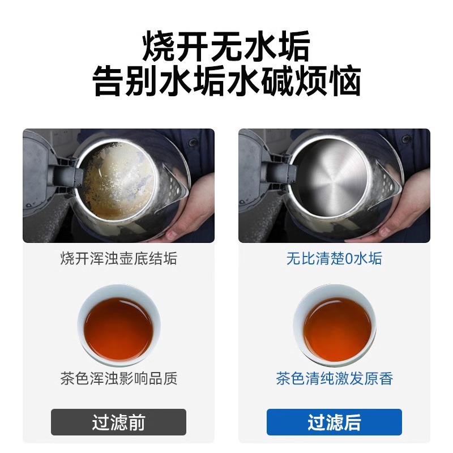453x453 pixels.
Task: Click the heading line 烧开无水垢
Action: tap(226, 46)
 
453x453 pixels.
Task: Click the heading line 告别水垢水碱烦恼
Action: tap(226, 83)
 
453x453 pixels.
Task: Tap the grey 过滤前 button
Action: tap(118, 422)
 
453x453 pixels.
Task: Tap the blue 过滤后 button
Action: tap(334, 422)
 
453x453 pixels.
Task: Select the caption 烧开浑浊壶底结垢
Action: tap(118, 259)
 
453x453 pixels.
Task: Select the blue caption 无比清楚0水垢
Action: tap(334, 259)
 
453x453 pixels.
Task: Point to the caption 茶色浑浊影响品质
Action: tap(118, 378)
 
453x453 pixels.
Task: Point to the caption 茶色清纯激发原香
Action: tap(334, 378)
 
